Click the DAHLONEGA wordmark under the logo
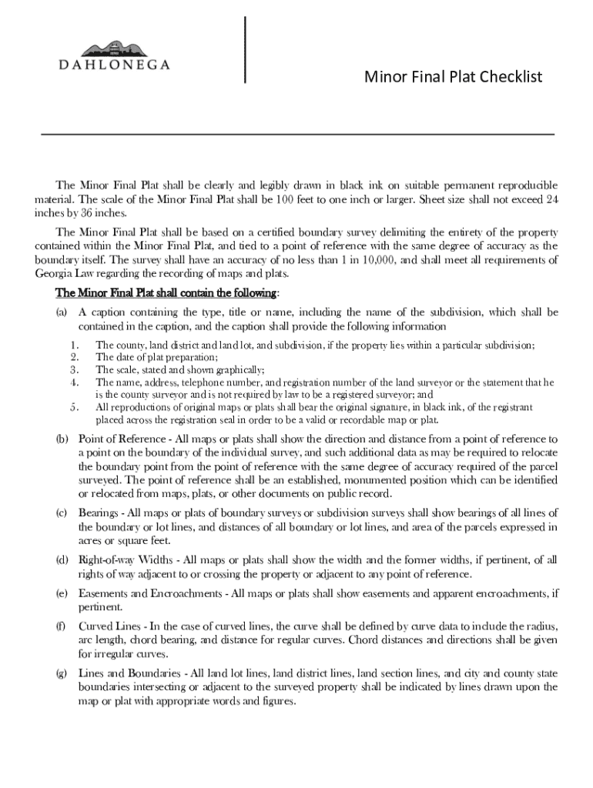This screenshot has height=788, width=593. click(x=115, y=66)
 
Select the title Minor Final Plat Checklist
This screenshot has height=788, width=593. click(x=454, y=77)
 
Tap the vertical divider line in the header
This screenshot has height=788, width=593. click(x=245, y=48)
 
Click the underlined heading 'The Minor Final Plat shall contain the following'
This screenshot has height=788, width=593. click(x=166, y=293)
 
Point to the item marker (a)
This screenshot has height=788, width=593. click(x=62, y=312)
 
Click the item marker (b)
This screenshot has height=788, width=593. click(x=62, y=439)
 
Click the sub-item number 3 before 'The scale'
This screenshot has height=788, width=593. click(x=74, y=369)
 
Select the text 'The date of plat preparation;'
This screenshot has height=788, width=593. click(x=157, y=357)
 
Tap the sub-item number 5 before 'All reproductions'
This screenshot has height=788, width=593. click(x=74, y=407)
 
